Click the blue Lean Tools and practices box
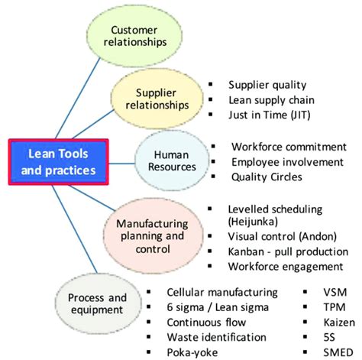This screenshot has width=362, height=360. [x=59, y=162]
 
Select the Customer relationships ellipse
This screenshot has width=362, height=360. [x=134, y=36]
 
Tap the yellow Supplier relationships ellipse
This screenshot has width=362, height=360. [x=157, y=99]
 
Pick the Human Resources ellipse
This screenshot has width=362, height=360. [x=172, y=161]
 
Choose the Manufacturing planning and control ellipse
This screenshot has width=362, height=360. [x=154, y=236]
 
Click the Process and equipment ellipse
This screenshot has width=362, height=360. [x=98, y=303]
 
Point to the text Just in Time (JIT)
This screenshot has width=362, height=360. [x=270, y=115]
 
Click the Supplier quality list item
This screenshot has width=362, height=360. [x=267, y=85]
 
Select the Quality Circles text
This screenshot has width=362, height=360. [x=267, y=177]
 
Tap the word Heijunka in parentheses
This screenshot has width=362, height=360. [x=253, y=222]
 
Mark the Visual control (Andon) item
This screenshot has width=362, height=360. [x=282, y=236]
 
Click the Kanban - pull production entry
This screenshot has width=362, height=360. [x=288, y=251]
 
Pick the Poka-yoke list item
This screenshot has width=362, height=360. [x=192, y=352]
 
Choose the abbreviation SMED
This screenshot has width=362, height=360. [x=338, y=352]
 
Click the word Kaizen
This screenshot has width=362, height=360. [x=339, y=323]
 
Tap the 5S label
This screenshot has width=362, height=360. [x=329, y=337]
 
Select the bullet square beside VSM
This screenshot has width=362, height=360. [x=305, y=292]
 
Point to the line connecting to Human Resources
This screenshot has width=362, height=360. [x=121, y=164]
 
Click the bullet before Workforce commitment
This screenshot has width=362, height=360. [x=213, y=146]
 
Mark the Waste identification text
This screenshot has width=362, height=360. [x=216, y=337]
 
